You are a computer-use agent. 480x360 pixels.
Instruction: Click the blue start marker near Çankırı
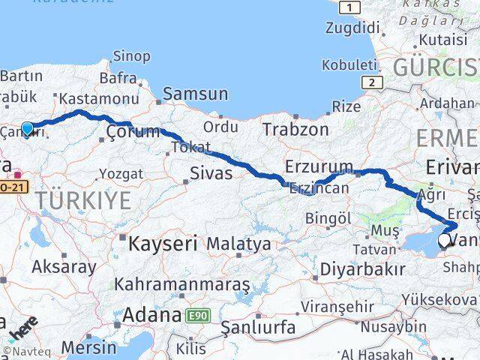coord(27,128)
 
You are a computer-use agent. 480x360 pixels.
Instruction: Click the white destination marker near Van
coord(444,240)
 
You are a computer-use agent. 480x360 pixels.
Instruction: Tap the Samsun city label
coord(196,94)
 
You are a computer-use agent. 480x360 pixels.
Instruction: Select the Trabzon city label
coord(295,129)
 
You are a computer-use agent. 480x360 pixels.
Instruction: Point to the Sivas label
coord(211,173)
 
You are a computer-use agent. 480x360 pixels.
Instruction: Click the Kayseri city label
coord(162,243)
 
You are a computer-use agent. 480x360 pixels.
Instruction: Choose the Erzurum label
coord(319,166)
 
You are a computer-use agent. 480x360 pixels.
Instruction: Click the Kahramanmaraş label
coord(182,286)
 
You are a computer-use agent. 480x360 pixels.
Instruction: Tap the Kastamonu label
coord(98,99)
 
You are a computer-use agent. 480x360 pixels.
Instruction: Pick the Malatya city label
coord(238,244)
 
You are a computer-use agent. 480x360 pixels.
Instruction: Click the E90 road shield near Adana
coord(196,315)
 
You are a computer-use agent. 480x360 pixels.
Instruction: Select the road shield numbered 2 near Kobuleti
coord(370,82)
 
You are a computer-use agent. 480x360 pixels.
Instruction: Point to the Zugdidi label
coord(352,28)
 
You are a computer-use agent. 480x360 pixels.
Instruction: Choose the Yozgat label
coord(120,174)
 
